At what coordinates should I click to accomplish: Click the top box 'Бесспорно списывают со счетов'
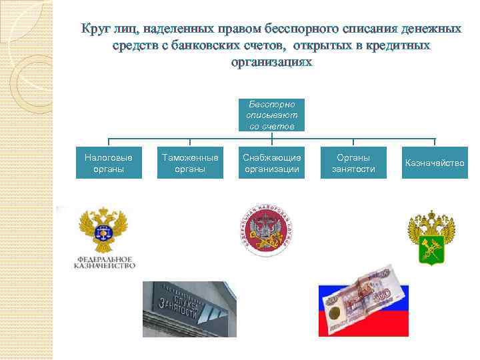[x=271, y=115]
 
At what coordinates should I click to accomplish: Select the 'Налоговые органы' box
[x=109, y=163]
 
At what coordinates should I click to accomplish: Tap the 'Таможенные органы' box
[x=190, y=163]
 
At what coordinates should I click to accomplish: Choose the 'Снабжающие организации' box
[x=272, y=163]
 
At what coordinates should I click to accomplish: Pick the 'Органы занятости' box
[x=353, y=163]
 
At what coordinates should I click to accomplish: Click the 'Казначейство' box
[x=435, y=163]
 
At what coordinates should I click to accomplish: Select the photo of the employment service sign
[x=190, y=309]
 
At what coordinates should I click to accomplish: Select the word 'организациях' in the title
[x=271, y=61]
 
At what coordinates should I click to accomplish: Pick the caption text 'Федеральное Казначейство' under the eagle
[x=105, y=261]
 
